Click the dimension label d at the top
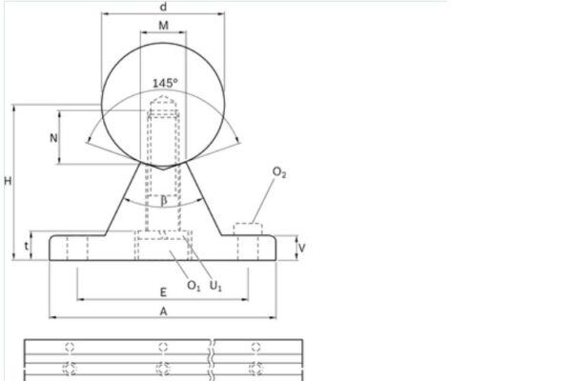[x=163, y=7]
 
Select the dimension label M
[x=163, y=26]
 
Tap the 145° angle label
[x=164, y=83]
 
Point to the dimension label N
[x=53, y=138]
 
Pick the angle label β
[x=163, y=200]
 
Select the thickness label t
[x=26, y=246]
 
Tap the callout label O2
[x=279, y=172]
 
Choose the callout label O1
[x=194, y=286]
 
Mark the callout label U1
[x=217, y=286]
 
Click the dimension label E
[x=163, y=292]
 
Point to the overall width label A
[x=163, y=311]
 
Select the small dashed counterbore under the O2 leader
[x=247, y=229]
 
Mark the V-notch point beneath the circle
[x=163, y=168]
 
